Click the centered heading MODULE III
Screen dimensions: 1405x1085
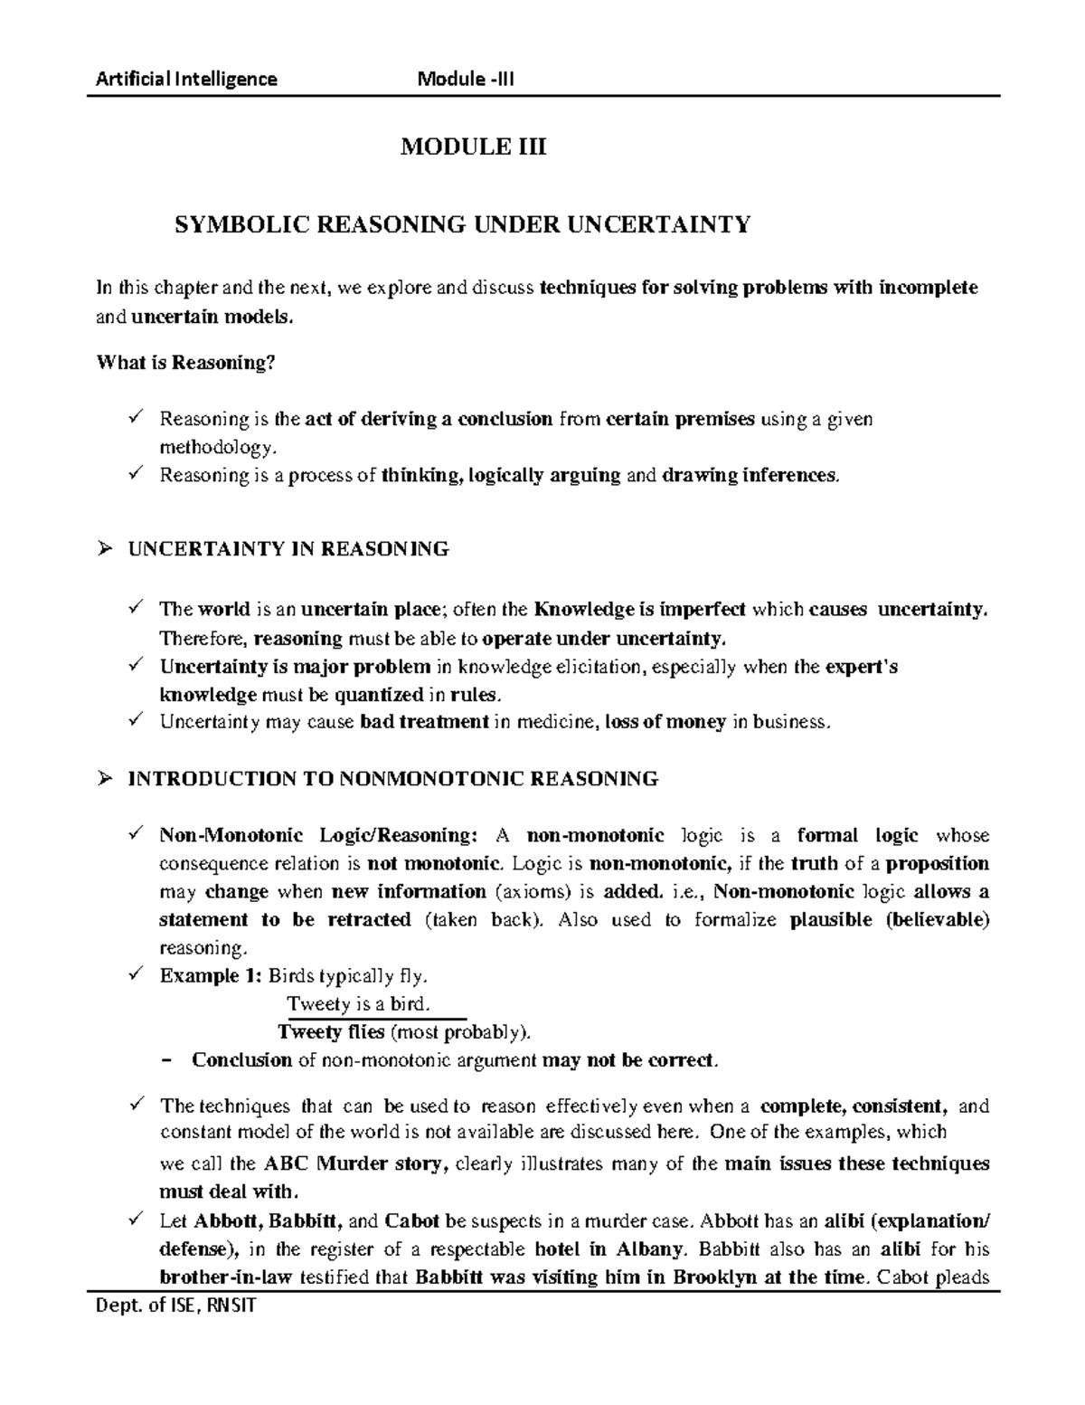474,147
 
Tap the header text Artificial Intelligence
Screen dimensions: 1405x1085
187,79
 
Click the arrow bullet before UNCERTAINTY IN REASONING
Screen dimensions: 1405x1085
104,548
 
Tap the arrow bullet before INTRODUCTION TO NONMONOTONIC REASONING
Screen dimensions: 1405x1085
104,778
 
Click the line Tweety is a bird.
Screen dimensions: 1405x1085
358,1004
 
